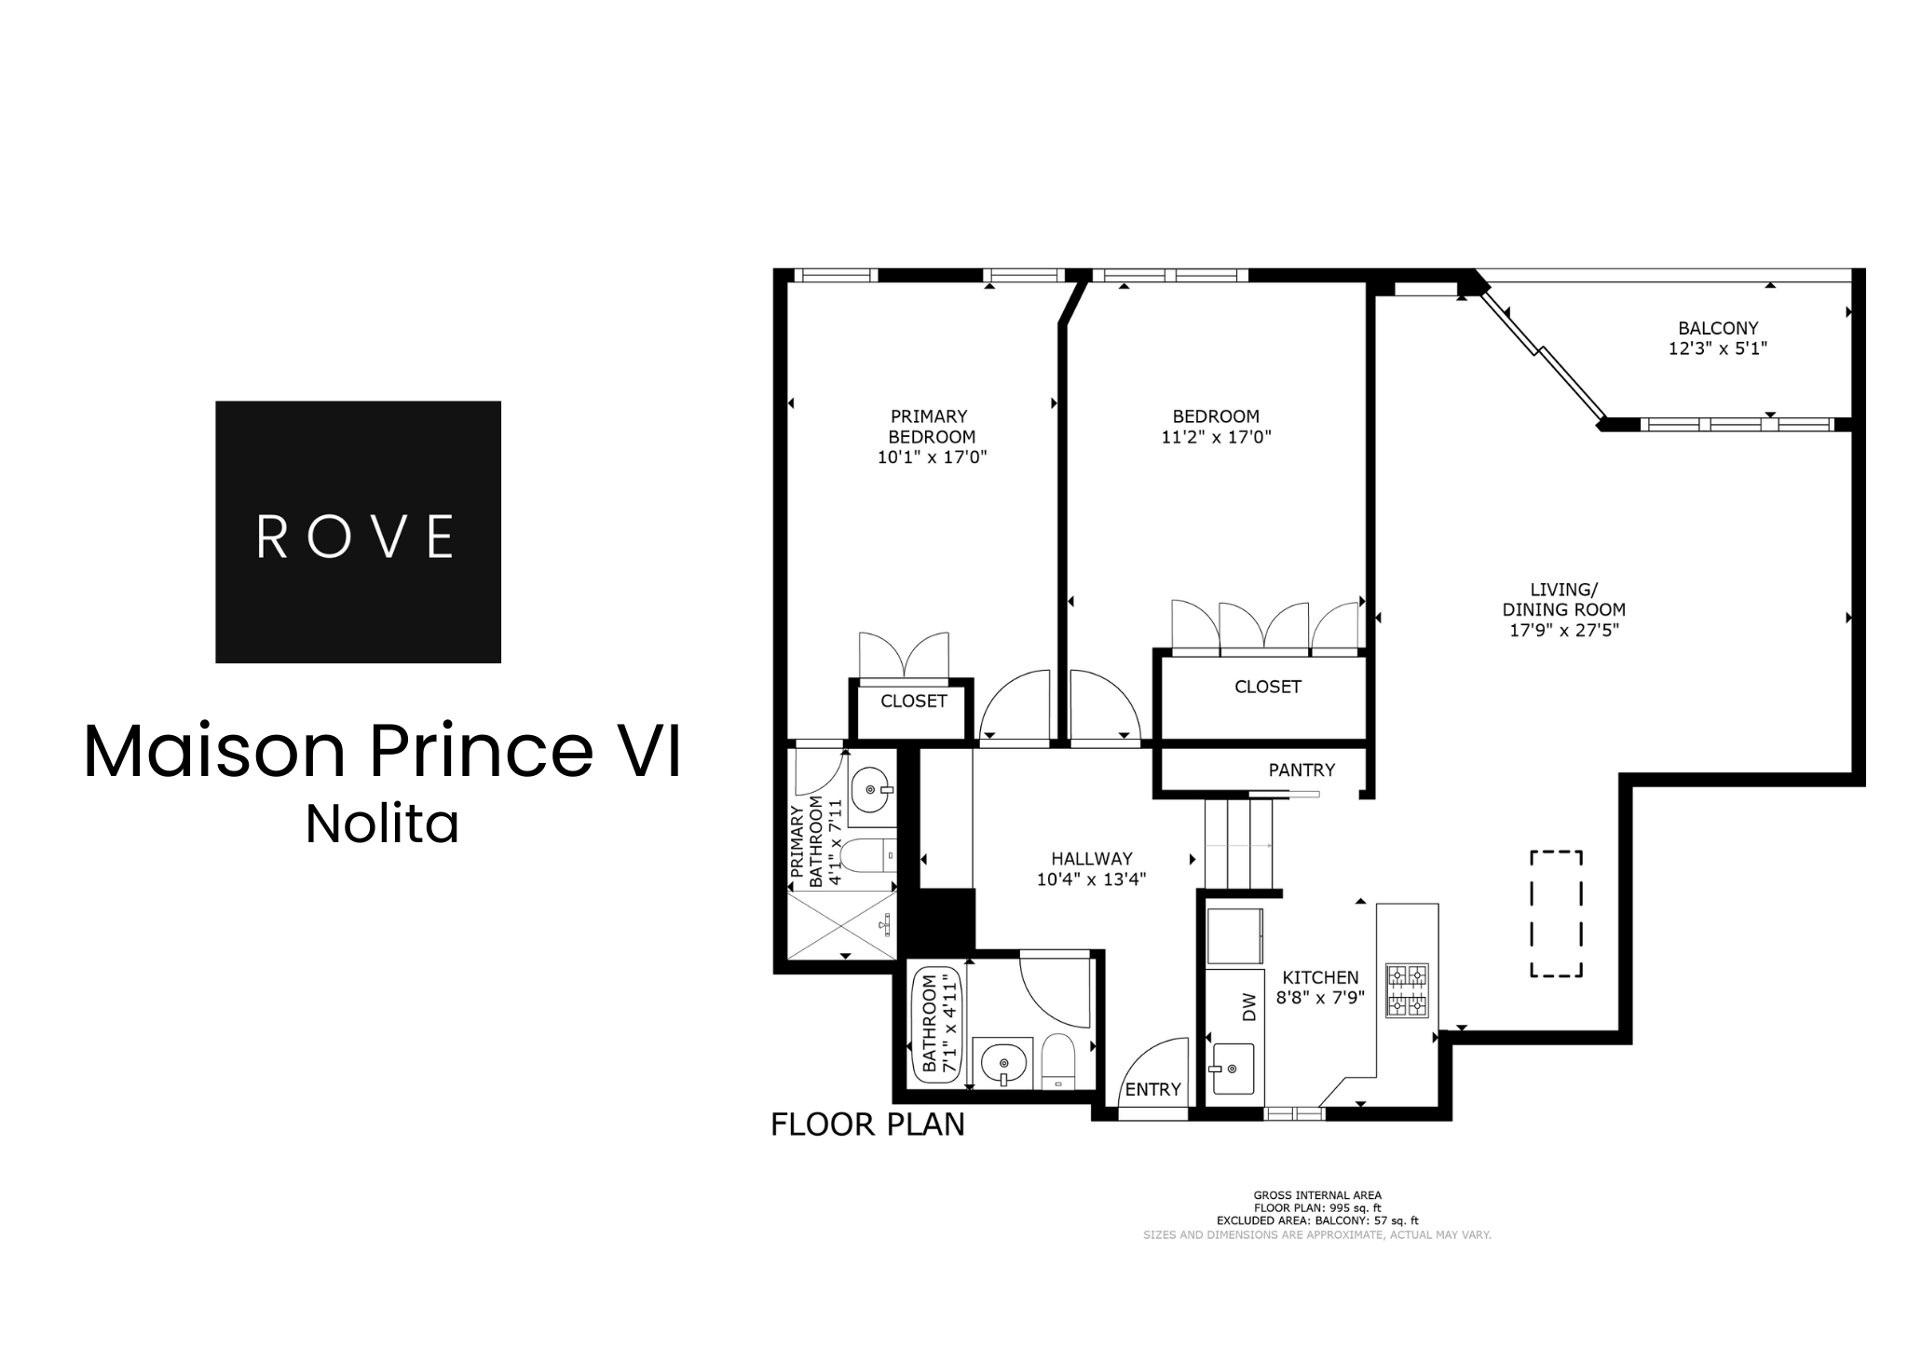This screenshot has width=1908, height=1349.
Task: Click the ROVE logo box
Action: [358, 532]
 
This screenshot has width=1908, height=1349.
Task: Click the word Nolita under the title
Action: [382, 824]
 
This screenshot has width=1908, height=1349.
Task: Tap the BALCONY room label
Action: [1718, 328]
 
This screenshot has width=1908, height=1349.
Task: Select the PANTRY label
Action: [1302, 770]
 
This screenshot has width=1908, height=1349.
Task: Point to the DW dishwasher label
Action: [1249, 1006]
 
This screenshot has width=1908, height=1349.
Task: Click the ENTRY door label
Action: [1152, 1089]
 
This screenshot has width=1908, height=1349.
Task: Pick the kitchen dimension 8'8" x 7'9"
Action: [1320, 997]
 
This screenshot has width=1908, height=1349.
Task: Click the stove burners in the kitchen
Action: [1407, 990]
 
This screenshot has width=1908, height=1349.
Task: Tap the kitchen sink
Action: [1233, 1069]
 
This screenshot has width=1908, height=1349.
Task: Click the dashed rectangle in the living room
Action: [1556, 914]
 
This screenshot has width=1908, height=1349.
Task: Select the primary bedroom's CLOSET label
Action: [913, 702]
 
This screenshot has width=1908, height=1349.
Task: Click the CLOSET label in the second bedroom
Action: [1267, 687]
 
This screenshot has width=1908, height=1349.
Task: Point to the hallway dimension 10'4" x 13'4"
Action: [1091, 879]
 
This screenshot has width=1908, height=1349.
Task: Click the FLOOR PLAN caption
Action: [867, 1124]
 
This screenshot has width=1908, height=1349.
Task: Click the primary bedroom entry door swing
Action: [1011, 708]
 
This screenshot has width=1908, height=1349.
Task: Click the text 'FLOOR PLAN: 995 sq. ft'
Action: [1316, 1207]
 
